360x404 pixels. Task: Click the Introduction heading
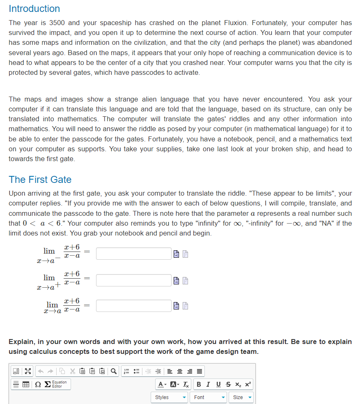point(34,9)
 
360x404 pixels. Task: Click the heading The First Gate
point(40,180)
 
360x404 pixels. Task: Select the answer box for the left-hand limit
point(134,254)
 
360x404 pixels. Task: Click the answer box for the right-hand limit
point(134,280)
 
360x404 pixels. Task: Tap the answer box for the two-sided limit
point(134,306)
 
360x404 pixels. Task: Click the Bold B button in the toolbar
point(199,384)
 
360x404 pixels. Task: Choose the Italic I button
point(208,384)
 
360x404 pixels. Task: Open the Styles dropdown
point(170,397)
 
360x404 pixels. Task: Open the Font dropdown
point(209,397)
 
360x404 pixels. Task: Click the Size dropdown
point(242,397)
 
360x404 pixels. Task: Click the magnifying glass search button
point(113,372)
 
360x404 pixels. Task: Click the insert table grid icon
point(26,384)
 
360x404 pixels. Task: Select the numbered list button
point(127,372)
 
